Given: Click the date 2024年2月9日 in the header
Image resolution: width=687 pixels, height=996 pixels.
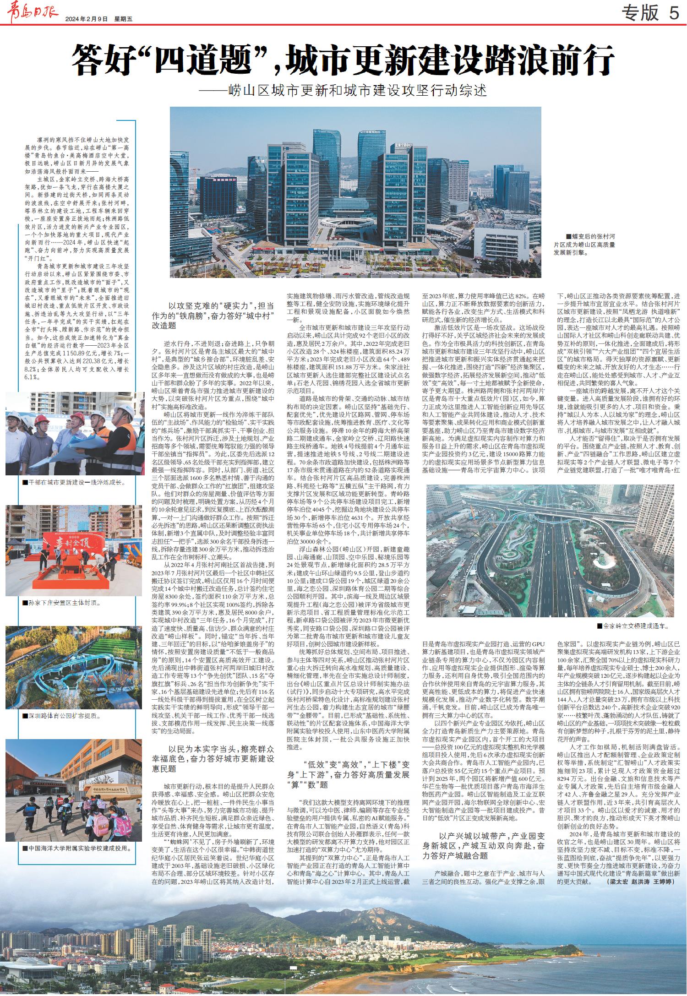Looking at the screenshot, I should tap(86, 19).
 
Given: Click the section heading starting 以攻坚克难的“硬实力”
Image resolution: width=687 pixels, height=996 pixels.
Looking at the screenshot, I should tap(213, 315).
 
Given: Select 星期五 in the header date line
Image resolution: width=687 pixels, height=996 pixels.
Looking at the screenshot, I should tap(123, 19).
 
